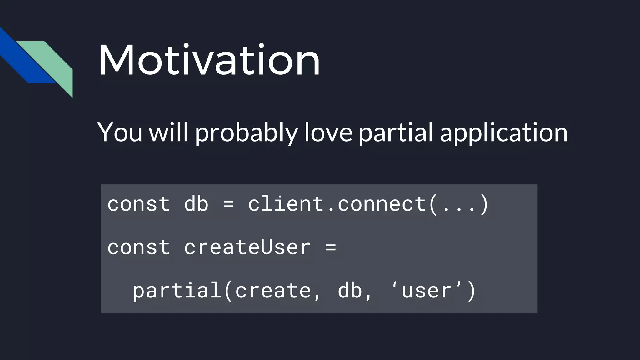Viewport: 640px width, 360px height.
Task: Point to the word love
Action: coord(328,132)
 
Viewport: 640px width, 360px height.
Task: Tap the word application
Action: coord(503,133)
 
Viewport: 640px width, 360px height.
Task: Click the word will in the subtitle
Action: coord(168,132)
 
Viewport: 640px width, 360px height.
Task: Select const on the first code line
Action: coord(138,204)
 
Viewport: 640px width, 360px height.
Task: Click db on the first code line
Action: coord(196,204)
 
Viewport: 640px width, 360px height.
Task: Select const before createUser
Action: coord(138,247)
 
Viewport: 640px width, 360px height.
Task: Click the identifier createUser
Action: coord(247,247)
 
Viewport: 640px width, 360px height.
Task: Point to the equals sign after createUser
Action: coord(331,247)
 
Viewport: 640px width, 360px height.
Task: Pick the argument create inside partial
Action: coord(273,291)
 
